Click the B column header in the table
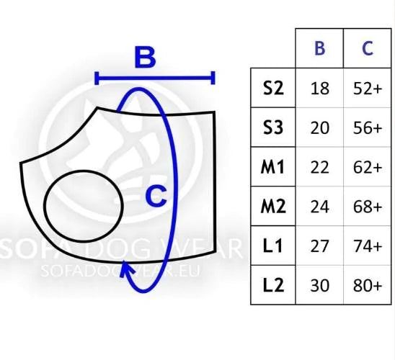tap(320, 48)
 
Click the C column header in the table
tap(368, 48)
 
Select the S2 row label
tap(273, 88)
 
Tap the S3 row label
tap(273, 127)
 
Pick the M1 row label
tap(272, 167)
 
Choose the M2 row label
tap(273, 207)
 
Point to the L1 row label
tap(272, 246)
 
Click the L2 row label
tap(273, 285)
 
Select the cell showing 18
tap(320, 89)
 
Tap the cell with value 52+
tap(368, 89)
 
